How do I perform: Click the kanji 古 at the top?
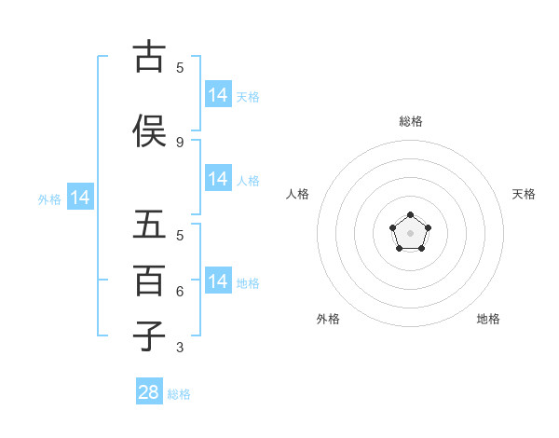tap(149, 57)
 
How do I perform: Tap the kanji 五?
tap(149, 225)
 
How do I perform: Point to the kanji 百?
tap(149, 281)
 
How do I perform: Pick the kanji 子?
tap(149, 336)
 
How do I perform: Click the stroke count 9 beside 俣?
tap(180, 142)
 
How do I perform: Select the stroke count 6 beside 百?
tap(180, 292)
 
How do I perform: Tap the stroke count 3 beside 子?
tap(180, 348)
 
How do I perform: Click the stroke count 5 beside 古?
tap(180, 67)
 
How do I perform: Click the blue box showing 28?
tap(149, 392)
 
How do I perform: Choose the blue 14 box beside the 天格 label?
tap(218, 94)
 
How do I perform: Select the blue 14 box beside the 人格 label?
tap(218, 179)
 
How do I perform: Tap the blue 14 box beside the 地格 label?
tap(218, 281)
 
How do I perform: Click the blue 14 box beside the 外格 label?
tap(79, 198)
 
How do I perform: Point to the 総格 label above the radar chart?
tap(410, 121)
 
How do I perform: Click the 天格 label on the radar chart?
tap(524, 194)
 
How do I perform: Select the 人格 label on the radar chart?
tap(297, 194)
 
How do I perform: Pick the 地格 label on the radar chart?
tap(488, 319)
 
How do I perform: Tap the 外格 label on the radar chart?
tap(328, 319)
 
